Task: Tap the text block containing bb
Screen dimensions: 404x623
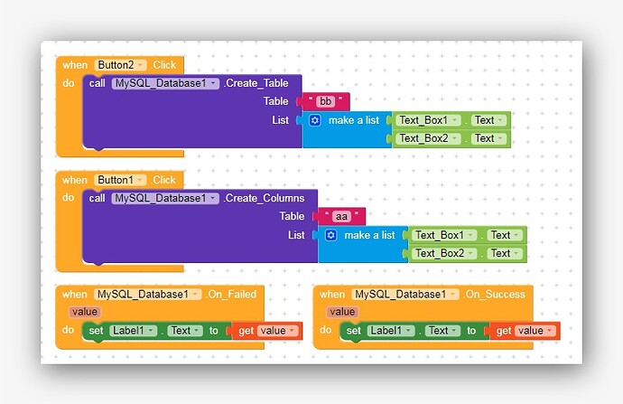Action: (326, 101)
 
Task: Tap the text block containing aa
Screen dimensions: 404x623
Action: (342, 216)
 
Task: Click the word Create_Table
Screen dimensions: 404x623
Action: (258, 83)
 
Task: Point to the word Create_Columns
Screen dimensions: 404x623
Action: (265, 198)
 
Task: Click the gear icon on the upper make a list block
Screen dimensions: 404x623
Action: (315, 120)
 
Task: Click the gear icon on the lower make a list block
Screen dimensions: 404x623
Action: (330, 235)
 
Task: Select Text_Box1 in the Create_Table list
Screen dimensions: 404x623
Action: (429, 120)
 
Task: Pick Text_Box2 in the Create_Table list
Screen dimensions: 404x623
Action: (429, 138)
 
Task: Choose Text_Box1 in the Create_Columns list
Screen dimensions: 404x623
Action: (444, 235)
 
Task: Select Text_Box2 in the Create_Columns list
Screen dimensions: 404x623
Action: (444, 253)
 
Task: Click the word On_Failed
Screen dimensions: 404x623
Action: (233, 294)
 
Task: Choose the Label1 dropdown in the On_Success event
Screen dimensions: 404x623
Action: (390, 331)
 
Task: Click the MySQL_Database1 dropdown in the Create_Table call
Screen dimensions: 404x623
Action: (165, 83)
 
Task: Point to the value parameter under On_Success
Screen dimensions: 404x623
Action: (341, 312)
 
